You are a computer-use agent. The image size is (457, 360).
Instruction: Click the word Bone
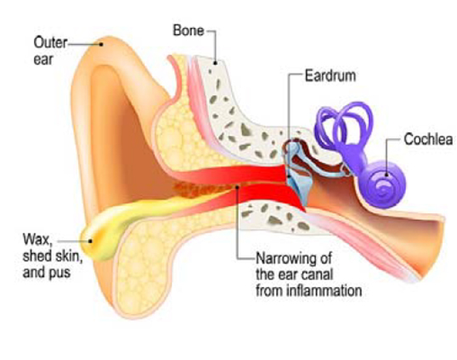[189, 31]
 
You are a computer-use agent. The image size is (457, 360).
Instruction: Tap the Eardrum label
[330, 76]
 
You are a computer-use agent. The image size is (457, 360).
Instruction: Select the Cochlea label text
[428, 139]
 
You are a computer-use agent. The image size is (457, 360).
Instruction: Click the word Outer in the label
[50, 42]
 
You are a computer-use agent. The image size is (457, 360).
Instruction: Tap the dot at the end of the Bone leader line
[216, 63]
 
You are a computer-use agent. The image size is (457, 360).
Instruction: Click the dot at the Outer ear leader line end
[101, 44]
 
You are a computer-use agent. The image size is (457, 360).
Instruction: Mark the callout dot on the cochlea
[386, 175]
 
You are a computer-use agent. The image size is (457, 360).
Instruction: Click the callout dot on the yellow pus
[91, 241]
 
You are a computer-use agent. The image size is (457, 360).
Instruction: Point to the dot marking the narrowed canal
[237, 187]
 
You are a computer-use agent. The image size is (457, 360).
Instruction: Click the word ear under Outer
[43, 59]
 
